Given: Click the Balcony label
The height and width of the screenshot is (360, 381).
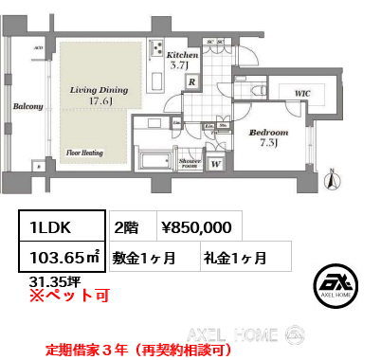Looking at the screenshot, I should click(26, 108).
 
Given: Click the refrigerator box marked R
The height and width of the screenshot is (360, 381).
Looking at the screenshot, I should click(192, 82).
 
